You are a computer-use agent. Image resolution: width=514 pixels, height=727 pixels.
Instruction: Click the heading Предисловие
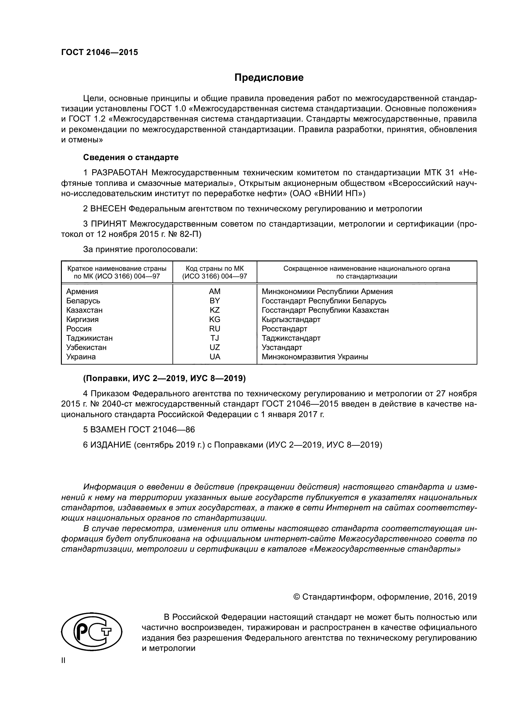[x=269, y=78]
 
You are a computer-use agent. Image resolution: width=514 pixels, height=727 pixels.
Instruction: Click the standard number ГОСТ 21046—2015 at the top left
[x=100, y=53]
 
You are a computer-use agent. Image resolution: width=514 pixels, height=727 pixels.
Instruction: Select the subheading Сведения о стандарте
[x=131, y=157]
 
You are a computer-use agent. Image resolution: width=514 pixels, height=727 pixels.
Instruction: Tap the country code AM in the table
[x=215, y=291]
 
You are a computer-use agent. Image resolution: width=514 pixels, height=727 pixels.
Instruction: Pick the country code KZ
[x=215, y=310]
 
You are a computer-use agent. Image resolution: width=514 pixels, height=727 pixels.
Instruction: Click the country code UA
[x=215, y=357]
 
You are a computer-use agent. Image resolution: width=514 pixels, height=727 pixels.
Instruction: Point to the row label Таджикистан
[x=89, y=338]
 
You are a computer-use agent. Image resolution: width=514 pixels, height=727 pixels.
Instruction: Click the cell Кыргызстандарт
[x=291, y=320]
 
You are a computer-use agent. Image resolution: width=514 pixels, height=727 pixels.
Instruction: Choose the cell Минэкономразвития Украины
[x=315, y=357]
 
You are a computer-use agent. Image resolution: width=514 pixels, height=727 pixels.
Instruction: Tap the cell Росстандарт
[x=284, y=329]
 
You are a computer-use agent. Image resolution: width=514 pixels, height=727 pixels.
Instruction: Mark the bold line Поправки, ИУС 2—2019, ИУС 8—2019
[x=164, y=378]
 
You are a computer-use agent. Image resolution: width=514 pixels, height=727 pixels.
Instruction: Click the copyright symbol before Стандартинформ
[x=296, y=597]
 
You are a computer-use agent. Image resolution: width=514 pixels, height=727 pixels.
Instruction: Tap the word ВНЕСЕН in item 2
[x=108, y=209]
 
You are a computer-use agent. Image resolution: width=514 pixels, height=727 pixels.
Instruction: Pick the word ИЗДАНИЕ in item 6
[x=111, y=445]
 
